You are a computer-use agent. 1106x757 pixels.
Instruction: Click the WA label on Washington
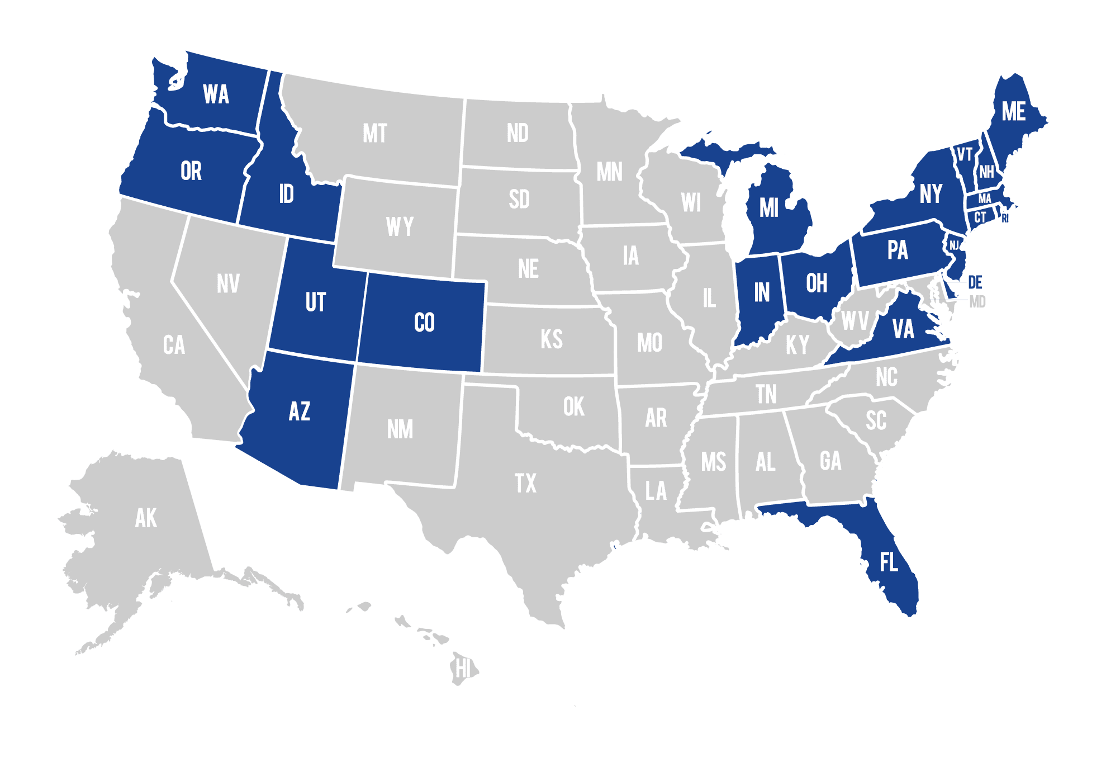coord(216,94)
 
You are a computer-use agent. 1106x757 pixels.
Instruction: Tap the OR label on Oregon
coord(191,171)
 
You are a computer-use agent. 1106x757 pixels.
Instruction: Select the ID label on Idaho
coord(286,194)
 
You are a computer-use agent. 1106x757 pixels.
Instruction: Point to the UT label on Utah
coord(315,302)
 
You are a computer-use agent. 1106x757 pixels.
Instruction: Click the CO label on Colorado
coord(424,323)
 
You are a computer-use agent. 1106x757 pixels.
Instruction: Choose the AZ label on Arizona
coord(300,411)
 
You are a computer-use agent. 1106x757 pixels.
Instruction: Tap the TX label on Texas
coord(525,483)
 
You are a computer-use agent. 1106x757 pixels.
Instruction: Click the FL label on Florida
coord(889,562)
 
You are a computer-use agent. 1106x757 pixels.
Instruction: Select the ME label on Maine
coord(1013,112)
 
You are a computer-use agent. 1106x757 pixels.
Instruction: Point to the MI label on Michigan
coord(769,208)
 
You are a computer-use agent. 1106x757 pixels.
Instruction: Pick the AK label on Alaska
coord(146,518)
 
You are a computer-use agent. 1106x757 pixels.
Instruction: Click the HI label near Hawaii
coord(463,668)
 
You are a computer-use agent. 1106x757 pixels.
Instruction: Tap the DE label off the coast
coord(975,282)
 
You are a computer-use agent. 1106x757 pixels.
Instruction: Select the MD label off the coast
coord(977,302)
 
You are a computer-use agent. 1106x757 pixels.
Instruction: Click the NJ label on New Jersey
coord(954,245)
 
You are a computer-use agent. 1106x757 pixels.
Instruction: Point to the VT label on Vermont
coord(965,154)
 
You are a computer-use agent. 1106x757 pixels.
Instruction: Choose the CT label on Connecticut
coord(980,217)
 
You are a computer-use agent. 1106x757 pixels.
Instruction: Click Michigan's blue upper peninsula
coord(727,153)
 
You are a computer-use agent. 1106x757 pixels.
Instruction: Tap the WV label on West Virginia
coord(855,321)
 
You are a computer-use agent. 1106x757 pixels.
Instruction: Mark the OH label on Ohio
coord(817,283)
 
